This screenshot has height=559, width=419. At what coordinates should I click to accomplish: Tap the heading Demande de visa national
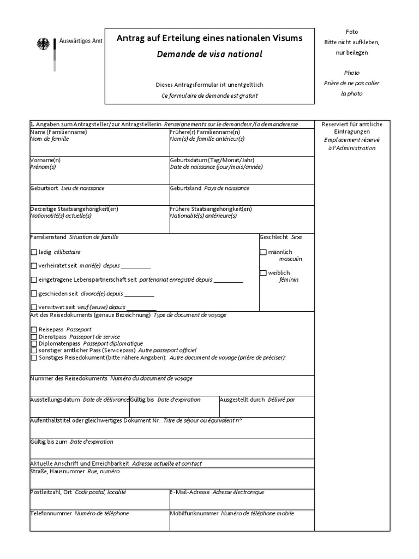pos(209,54)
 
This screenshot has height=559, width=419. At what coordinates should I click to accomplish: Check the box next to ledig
pos(34,252)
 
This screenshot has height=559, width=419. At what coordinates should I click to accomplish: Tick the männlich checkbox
pos(264,252)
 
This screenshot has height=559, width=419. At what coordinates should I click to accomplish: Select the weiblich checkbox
pos(264,273)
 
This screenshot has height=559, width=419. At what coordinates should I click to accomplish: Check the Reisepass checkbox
pos(34,330)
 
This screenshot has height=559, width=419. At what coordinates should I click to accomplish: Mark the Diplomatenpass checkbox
pos(34,344)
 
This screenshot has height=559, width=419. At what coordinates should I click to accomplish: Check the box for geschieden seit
pos(34,294)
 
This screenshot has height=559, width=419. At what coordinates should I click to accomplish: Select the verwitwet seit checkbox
pos(34,307)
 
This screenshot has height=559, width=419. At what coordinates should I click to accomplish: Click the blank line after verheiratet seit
pos(135,267)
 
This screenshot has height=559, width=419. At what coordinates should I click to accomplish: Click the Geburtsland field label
pos(185,188)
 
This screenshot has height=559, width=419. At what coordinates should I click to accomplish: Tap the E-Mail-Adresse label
pos(190,492)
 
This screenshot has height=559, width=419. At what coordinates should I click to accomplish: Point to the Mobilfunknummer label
pos(194,514)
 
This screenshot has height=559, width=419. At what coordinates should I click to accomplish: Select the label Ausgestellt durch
pos(243,400)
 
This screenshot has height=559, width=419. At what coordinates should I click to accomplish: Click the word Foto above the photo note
pos(352,32)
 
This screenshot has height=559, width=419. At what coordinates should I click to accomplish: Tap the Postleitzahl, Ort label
pos(51,492)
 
